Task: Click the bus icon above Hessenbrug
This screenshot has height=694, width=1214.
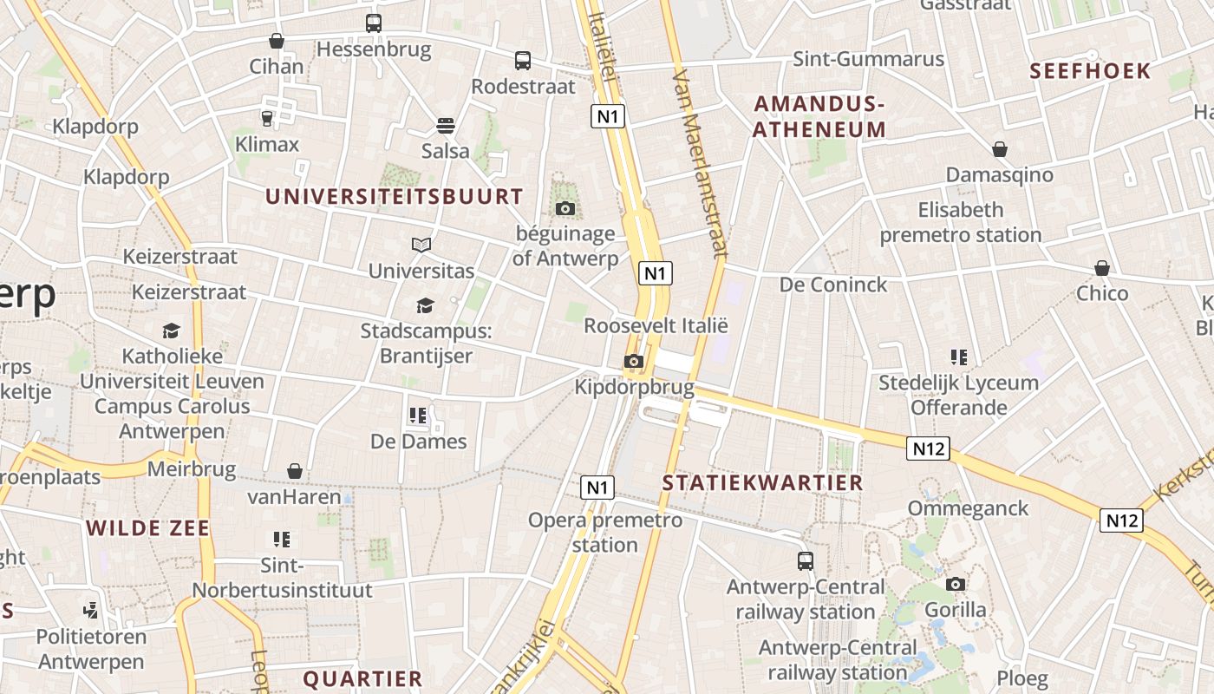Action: pos(374,23)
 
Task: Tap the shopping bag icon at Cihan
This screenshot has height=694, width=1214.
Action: pos(277,41)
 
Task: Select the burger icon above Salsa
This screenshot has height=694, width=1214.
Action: pos(446,126)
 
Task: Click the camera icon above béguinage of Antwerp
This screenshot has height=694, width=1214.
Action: pos(565,208)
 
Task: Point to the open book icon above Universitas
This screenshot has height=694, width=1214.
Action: pos(421,246)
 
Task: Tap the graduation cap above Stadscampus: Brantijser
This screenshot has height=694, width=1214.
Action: pos(425,305)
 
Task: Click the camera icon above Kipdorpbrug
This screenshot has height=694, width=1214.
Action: pos(634,361)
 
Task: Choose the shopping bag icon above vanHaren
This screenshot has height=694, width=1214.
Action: pos(295,471)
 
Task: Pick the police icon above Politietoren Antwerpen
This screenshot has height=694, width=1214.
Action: pos(91,610)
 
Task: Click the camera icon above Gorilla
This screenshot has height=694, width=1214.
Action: pos(956,584)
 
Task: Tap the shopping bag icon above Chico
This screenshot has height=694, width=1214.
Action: pos(1102,268)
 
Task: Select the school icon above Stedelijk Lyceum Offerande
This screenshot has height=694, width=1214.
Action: pos(958,357)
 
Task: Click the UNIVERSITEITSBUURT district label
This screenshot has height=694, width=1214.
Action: pos(395,197)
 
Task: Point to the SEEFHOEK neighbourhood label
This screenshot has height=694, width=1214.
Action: pos(1090,71)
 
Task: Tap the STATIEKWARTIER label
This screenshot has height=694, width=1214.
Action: pos(763,483)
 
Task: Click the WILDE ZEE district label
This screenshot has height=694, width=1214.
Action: pos(148,528)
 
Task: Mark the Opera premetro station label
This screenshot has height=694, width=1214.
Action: pos(605,533)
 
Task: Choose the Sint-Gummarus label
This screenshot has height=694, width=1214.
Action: pos(869,59)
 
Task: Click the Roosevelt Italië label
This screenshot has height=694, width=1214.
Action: pos(656,326)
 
